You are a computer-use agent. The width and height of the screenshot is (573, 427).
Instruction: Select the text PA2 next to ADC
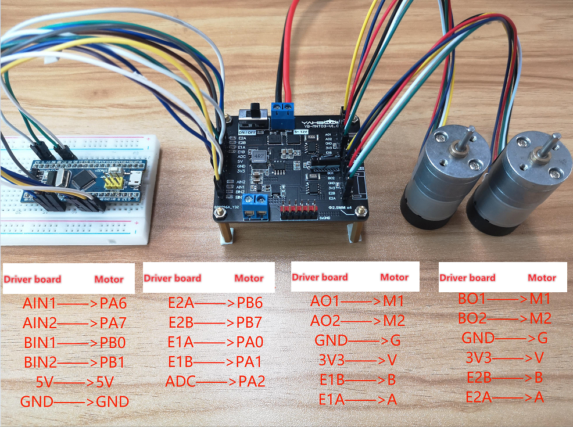252,382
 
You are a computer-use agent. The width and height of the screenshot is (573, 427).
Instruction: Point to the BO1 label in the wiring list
472,299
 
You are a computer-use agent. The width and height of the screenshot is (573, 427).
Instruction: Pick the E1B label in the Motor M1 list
332,380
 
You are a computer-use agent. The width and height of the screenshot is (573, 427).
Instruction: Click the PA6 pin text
113,303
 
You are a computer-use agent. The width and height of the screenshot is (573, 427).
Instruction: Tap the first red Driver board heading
33,279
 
